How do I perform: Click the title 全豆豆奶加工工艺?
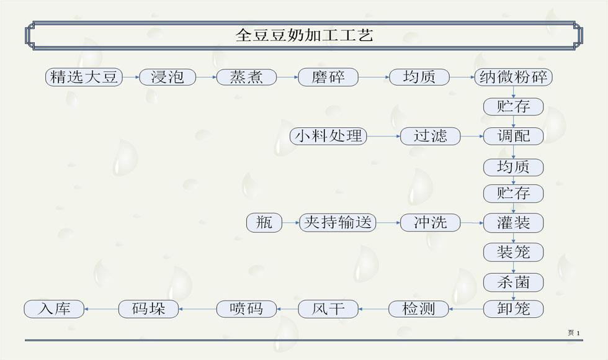[304, 35]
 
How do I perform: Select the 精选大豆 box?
[84, 77]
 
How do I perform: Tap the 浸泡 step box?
[168, 77]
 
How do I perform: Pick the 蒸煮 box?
[246, 77]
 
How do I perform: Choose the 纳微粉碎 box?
[513, 77]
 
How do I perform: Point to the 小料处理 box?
[328, 136]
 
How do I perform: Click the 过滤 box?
[431, 136]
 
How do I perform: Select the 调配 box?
[513, 136]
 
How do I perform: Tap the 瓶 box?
[264, 222]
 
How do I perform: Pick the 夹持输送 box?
[338, 222]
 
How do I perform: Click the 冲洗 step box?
[431, 222]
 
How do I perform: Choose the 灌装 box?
[513, 222]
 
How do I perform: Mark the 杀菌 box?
[513, 282]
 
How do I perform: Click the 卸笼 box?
[513, 308]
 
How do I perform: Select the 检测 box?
[419, 308]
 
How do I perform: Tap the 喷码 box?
[246, 308]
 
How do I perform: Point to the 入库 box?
[54, 308]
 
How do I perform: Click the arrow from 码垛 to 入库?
[101, 308]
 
